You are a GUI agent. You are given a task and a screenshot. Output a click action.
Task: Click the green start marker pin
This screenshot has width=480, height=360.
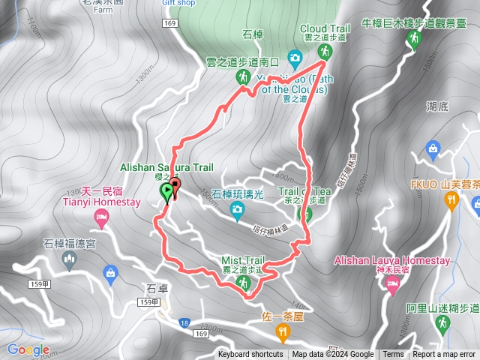[x=166, y=193]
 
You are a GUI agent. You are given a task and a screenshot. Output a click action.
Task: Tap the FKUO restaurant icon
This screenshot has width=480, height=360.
[x=451, y=199]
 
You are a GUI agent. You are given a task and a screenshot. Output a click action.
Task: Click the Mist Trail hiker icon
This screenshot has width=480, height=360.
[x=243, y=282]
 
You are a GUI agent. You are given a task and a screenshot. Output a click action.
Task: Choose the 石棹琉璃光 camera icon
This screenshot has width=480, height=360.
[x=238, y=211]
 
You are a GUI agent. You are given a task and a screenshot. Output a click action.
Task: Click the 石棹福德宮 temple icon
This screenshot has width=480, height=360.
[x=70, y=260]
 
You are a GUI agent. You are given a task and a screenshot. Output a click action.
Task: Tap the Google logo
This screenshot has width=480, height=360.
[x=28, y=349]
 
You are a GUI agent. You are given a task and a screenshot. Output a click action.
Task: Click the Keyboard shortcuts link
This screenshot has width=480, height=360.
[x=250, y=355]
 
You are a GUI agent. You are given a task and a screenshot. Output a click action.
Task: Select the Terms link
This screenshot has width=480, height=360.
[x=393, y=355]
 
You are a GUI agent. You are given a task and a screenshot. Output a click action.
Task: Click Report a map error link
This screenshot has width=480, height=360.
[x=444, y=355]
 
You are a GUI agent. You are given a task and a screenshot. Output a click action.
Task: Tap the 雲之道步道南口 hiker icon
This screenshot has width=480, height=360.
[x=243, y=77]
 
